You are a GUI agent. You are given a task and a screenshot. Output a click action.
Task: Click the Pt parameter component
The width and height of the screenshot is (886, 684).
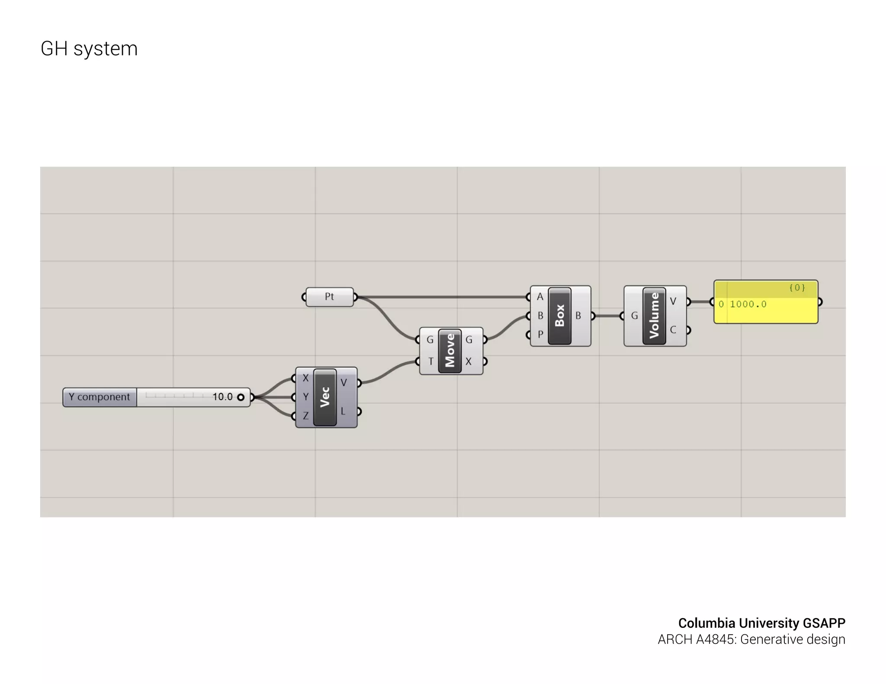click(x=329, y=297)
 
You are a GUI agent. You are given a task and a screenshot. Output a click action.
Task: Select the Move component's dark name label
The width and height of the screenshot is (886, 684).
click(x=450, y=350)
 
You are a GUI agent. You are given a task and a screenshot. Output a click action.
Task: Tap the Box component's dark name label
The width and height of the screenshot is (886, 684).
click(x=559, y=316)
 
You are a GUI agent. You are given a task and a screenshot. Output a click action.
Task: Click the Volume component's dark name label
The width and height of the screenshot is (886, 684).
click(x=654, y=316)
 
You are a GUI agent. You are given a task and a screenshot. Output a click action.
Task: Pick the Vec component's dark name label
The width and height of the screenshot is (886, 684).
click(x=325, y=397)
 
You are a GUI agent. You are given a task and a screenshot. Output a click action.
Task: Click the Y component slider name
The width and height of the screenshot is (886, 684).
click(x=100, y=397)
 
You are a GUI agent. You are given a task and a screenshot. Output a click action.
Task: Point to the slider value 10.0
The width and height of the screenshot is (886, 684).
click(x=222, y=397)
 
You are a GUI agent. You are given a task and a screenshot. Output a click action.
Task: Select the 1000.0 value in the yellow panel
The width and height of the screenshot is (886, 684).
click(x=748, y=304)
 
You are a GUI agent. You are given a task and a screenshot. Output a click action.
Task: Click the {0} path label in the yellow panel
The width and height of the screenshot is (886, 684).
click(x=796, y=288)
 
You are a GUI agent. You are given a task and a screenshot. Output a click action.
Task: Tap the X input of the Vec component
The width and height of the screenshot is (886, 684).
click(x=305, y=378)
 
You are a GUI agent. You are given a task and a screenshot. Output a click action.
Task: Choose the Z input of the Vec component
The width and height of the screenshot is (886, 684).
click(x=305, y=416)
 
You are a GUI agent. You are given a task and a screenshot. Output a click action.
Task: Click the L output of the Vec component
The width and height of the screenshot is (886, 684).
click(x=343, y=411)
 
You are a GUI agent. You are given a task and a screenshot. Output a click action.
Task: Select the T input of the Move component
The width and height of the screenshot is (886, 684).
click(x=430, y=361)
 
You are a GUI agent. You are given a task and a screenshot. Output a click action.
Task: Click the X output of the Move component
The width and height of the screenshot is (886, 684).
click(x=469, y=361)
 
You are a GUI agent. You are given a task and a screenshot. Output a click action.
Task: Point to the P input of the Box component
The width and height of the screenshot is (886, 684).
click(x=540, y=334)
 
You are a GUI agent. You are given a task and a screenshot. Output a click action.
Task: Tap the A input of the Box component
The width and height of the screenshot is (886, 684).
click(x=540, y=297)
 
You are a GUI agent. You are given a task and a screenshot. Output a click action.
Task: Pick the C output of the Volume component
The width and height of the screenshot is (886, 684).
click(x=673, y=330)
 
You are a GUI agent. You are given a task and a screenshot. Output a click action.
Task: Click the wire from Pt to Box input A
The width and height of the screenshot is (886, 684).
click(x=441, y=297)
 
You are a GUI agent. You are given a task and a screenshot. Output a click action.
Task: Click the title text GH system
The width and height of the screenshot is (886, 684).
click(x=89, y=48)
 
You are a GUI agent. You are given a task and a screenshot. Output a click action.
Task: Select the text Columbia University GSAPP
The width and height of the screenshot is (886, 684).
click(x=761, y=623)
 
